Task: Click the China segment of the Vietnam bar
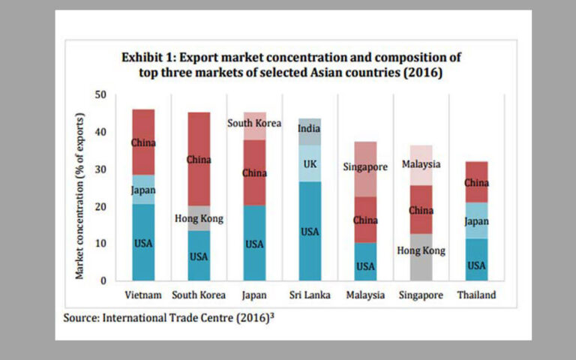click(x=143, y=142)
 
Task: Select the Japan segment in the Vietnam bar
click(x=143, y=190)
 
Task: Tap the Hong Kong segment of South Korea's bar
click(x=199, y=218)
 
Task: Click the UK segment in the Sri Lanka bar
click(x=310, y=163)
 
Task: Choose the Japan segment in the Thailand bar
click(x=476, y=220)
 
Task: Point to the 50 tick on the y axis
click(x=101, y=95)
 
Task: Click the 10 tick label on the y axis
click(x=101, y=244)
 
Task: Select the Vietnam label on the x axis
click(x=143, y=295)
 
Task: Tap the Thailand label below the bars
click(x=476, y=295)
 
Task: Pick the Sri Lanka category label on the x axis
click(x=310, y=295)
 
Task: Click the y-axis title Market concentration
click(x=80, y=196)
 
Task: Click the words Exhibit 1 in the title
click(x=149, y=58)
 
